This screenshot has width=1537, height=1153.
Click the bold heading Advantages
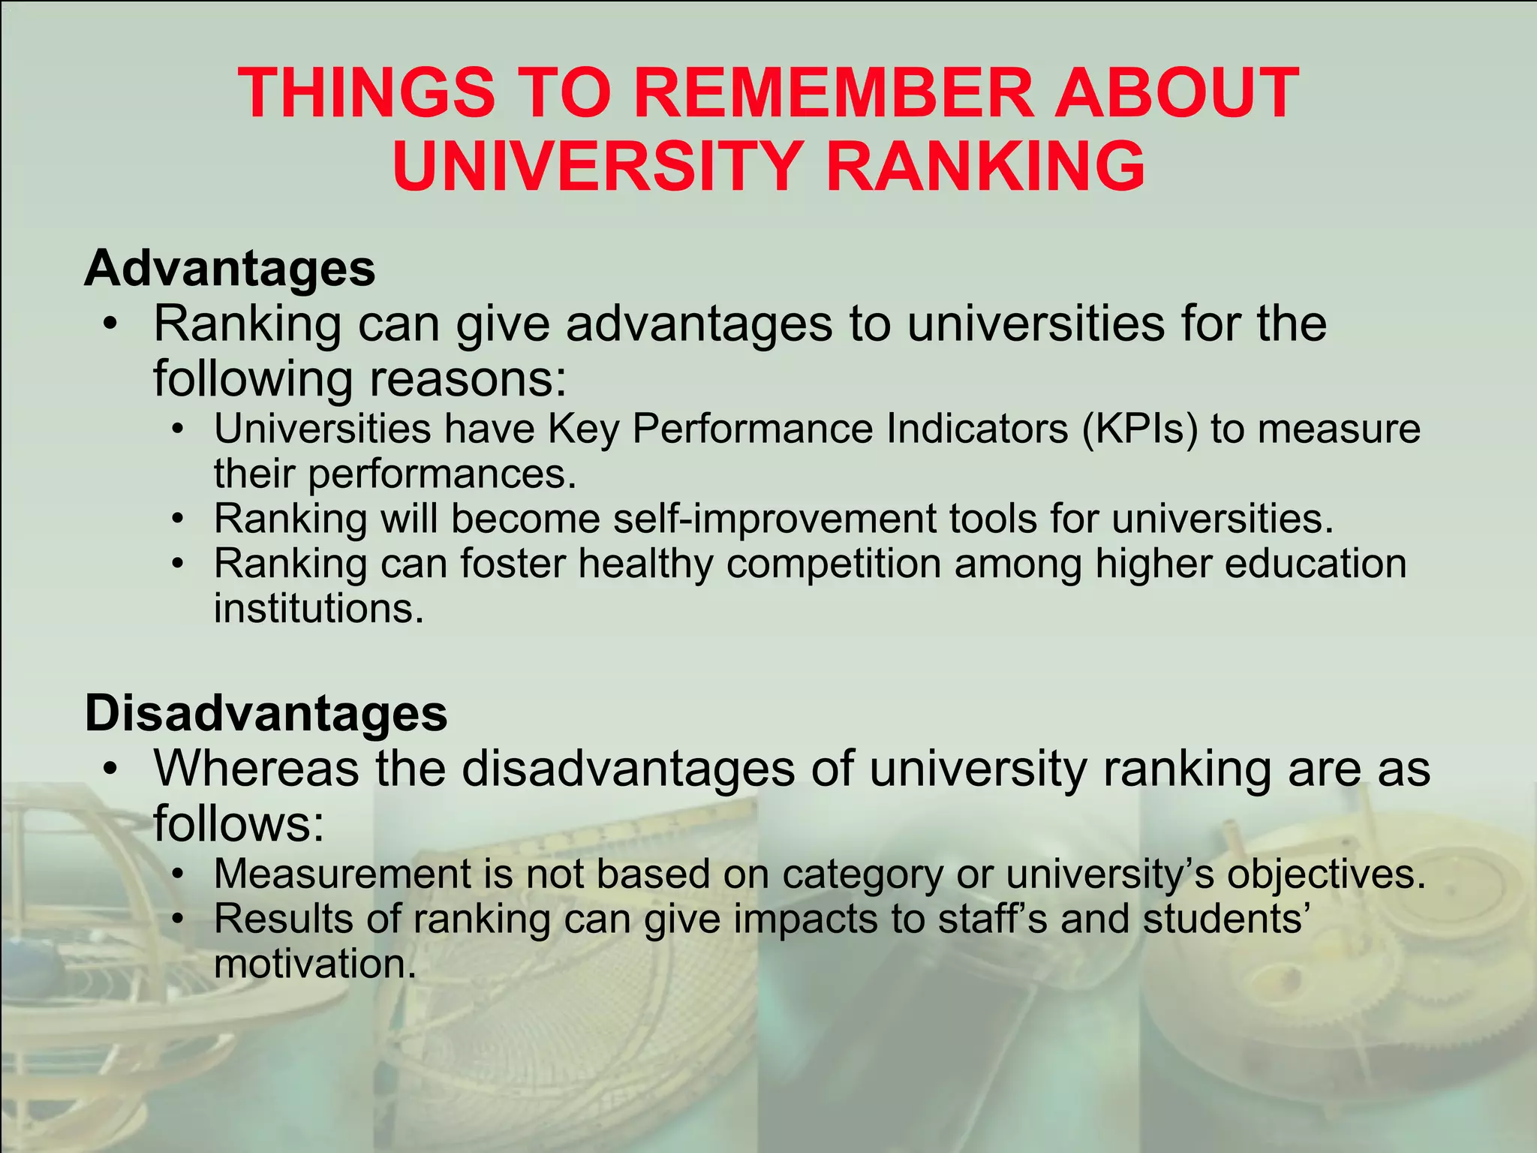[230, 268]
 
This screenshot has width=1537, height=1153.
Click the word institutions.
[319, 608]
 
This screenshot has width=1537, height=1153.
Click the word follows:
[239, 823]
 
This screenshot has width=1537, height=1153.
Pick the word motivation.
[314, 964]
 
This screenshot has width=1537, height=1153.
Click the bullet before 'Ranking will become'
[177, 519]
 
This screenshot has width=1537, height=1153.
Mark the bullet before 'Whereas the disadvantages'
[111, 769]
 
